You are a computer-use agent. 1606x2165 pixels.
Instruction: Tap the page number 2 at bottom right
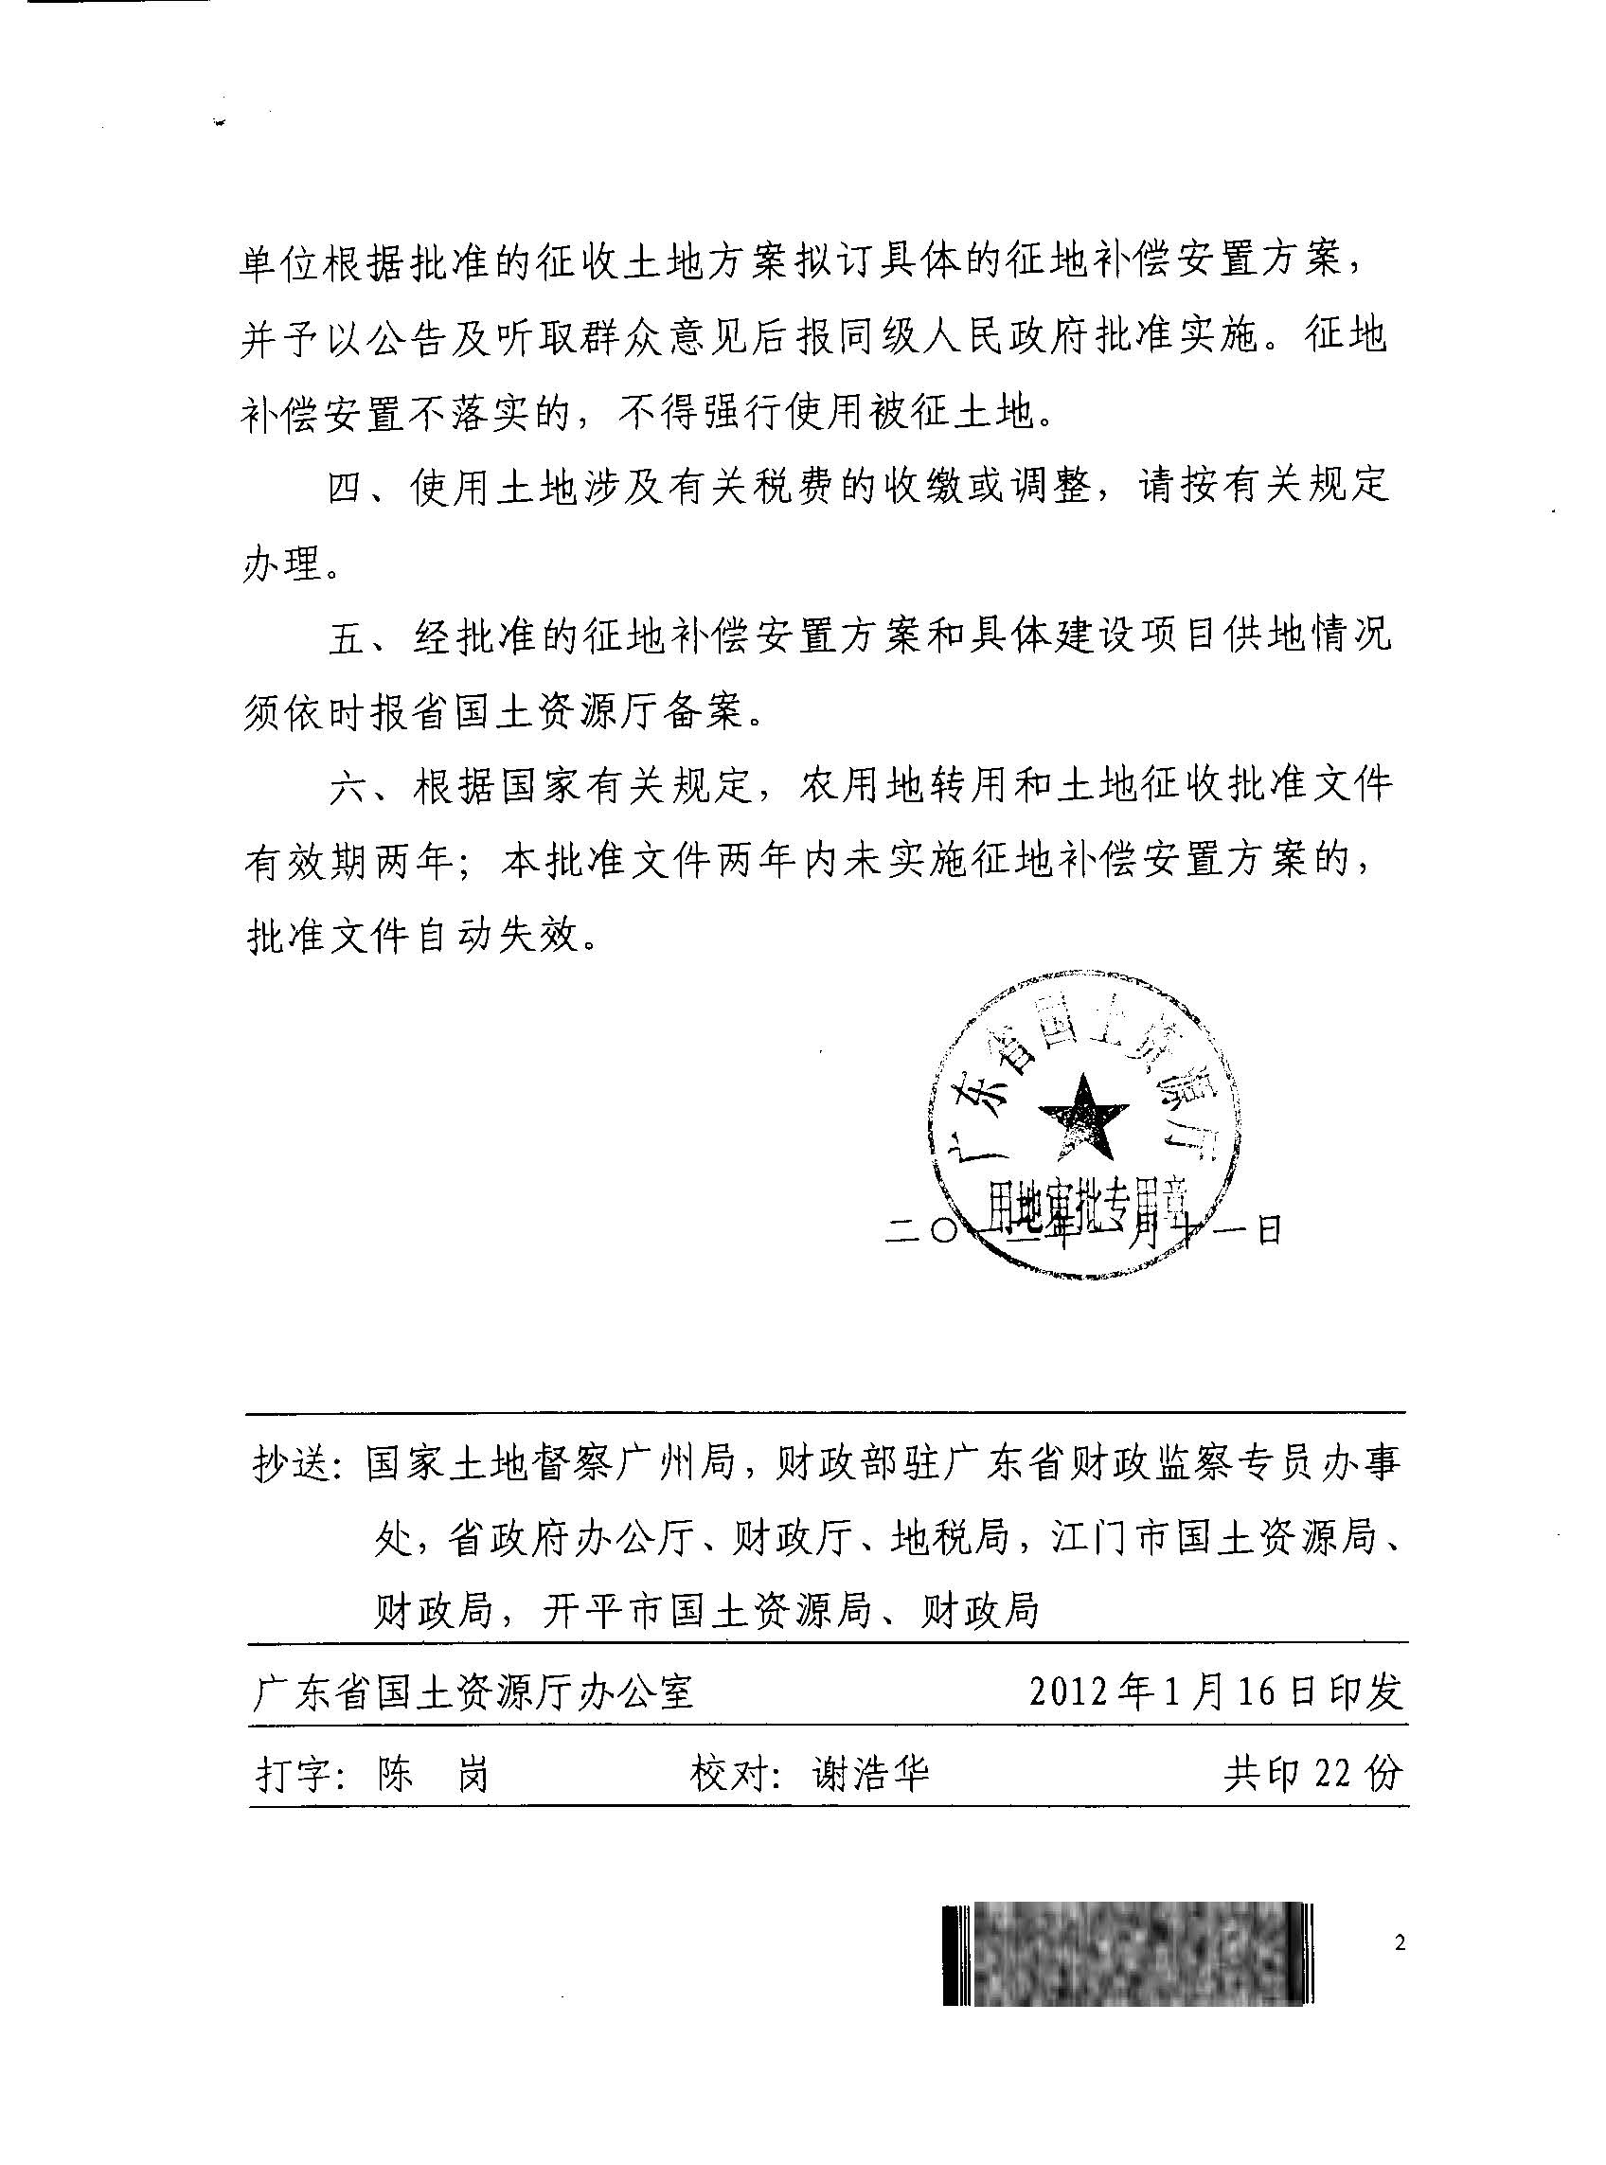[x=1399, y=1943]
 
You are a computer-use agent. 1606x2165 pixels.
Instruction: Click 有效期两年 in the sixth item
[x=348, y=862]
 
